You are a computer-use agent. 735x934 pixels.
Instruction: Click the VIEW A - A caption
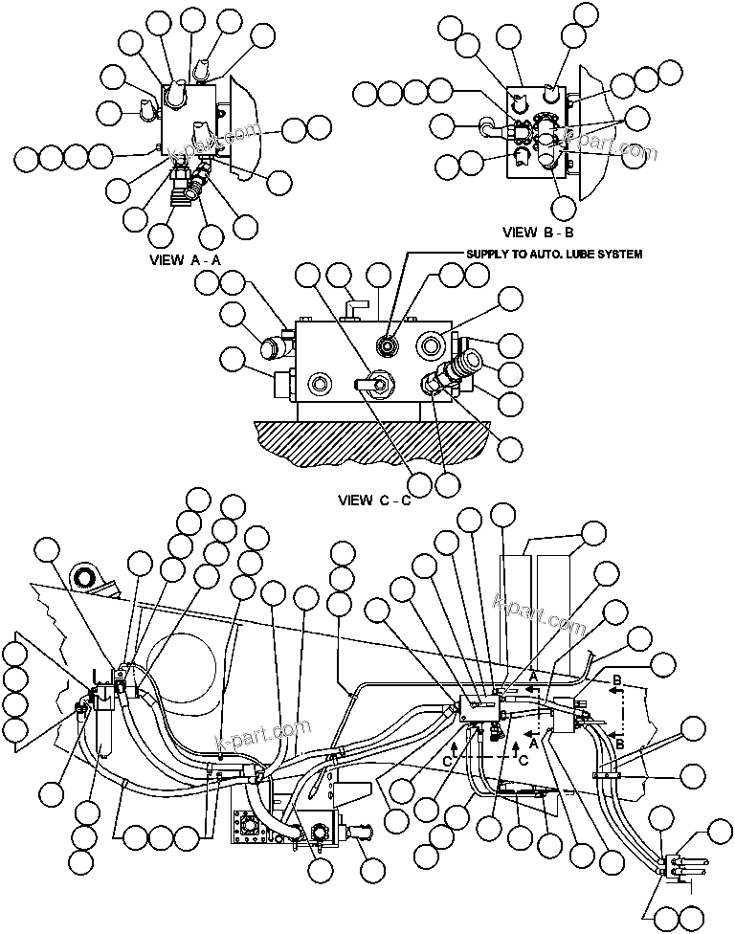tap(188, 259)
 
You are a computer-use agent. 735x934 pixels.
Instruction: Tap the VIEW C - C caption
tap(374, 500)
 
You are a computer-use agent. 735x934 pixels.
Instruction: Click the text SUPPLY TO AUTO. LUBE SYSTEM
tap(553, 254)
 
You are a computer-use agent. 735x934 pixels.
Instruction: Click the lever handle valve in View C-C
tap(374, 384)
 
